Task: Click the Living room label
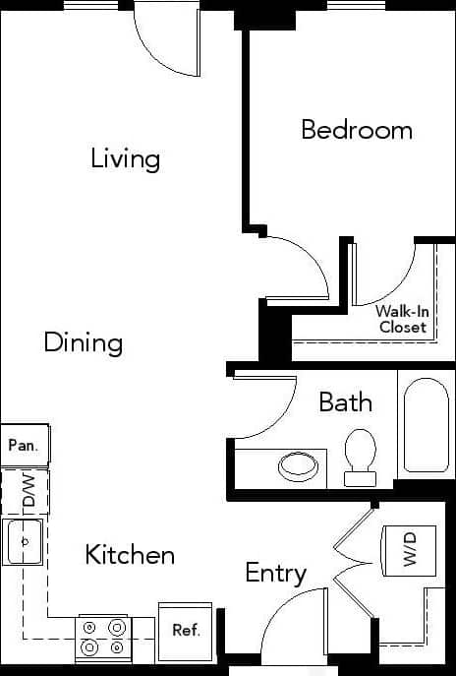(125, 158)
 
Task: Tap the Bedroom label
(356, 130)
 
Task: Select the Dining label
(84, 342)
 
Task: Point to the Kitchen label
(130, 555)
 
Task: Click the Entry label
(276, 573)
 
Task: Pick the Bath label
(346, 401)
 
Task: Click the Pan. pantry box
(24, 445)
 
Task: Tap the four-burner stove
(104, 638)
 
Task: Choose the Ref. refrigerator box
(186, 630)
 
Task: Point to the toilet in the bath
(360, 457)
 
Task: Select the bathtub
(426, 425)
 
